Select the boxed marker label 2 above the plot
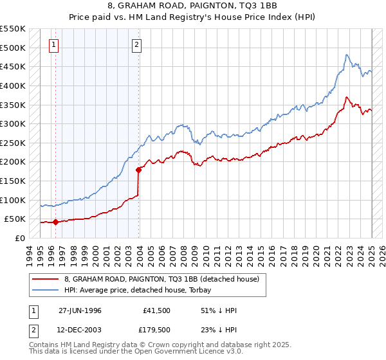138,44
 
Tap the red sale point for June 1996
55,222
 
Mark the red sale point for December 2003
138,170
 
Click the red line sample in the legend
46,279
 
